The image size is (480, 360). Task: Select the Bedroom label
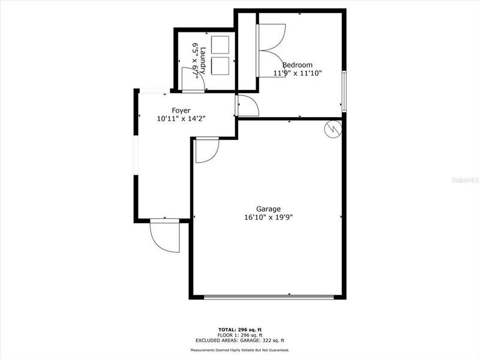(298, 65)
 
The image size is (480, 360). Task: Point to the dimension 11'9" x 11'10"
(298, 73)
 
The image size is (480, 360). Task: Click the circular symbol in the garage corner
(333, 128)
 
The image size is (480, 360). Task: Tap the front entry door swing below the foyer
(164, 235)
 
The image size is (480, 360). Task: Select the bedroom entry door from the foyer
(248, 106)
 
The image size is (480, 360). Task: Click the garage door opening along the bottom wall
(269, 296)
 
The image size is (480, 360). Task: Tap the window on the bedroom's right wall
(344, 91)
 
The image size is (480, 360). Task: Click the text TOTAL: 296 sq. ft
(240, 329)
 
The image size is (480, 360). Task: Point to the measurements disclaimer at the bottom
(240, 350)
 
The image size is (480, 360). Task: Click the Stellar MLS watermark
(467, 178)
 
